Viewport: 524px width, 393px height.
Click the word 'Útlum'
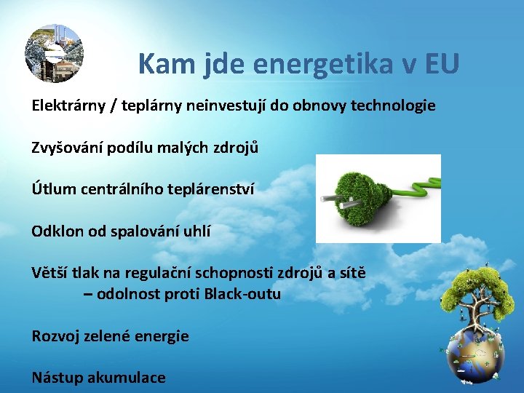(52, 189)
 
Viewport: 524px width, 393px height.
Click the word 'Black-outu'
(242, 294)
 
